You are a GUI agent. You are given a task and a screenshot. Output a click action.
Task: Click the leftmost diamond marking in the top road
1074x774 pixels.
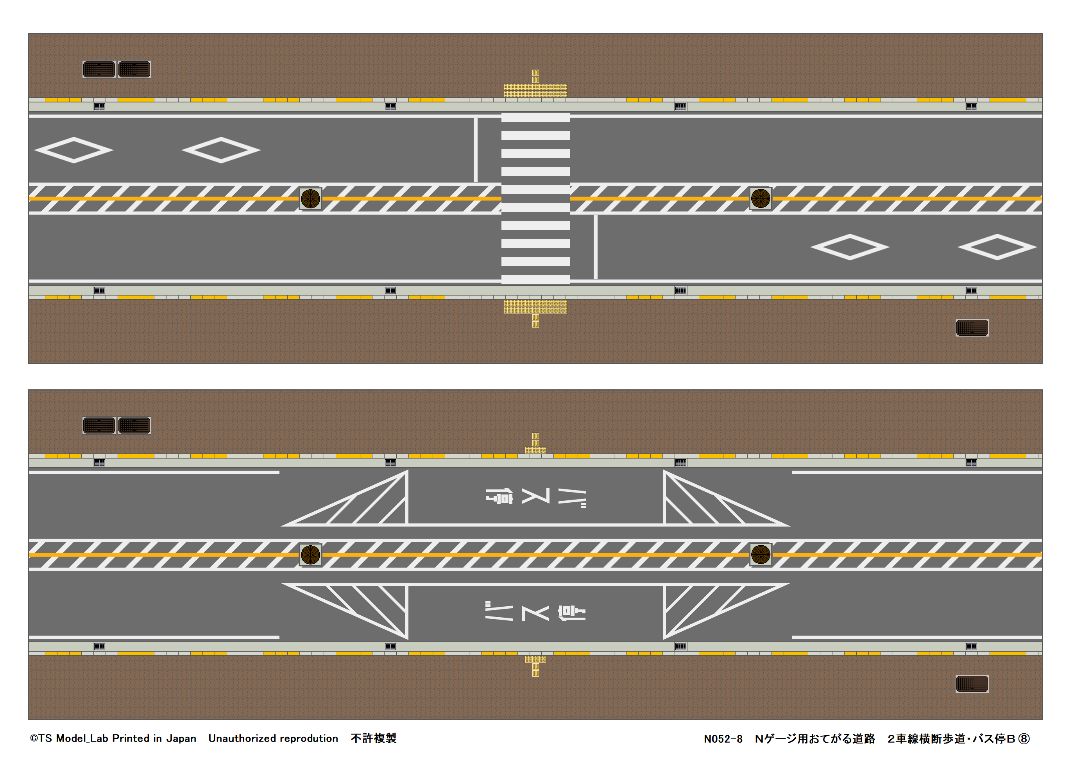74,150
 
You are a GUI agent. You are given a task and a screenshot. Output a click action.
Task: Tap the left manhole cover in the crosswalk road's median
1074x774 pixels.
311,199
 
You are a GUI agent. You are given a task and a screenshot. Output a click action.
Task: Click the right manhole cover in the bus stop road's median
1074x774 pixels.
761,555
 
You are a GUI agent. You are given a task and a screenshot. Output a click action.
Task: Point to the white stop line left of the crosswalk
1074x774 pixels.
475,150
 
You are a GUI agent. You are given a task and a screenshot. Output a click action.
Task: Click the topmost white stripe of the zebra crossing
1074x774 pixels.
535,118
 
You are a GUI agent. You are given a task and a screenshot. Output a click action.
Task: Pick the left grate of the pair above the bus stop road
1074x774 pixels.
99,425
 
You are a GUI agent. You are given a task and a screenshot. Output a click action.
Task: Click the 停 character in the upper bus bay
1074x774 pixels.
499,497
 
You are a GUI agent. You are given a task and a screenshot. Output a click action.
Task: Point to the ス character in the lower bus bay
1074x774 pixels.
535,613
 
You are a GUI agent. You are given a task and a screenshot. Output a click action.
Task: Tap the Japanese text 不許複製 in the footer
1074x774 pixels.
373,738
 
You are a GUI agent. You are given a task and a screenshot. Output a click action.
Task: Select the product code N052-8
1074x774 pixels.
723,739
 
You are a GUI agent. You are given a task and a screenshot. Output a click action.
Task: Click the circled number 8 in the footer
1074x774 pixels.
1024,739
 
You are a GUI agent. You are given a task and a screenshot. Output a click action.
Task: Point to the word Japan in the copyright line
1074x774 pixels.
181,738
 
